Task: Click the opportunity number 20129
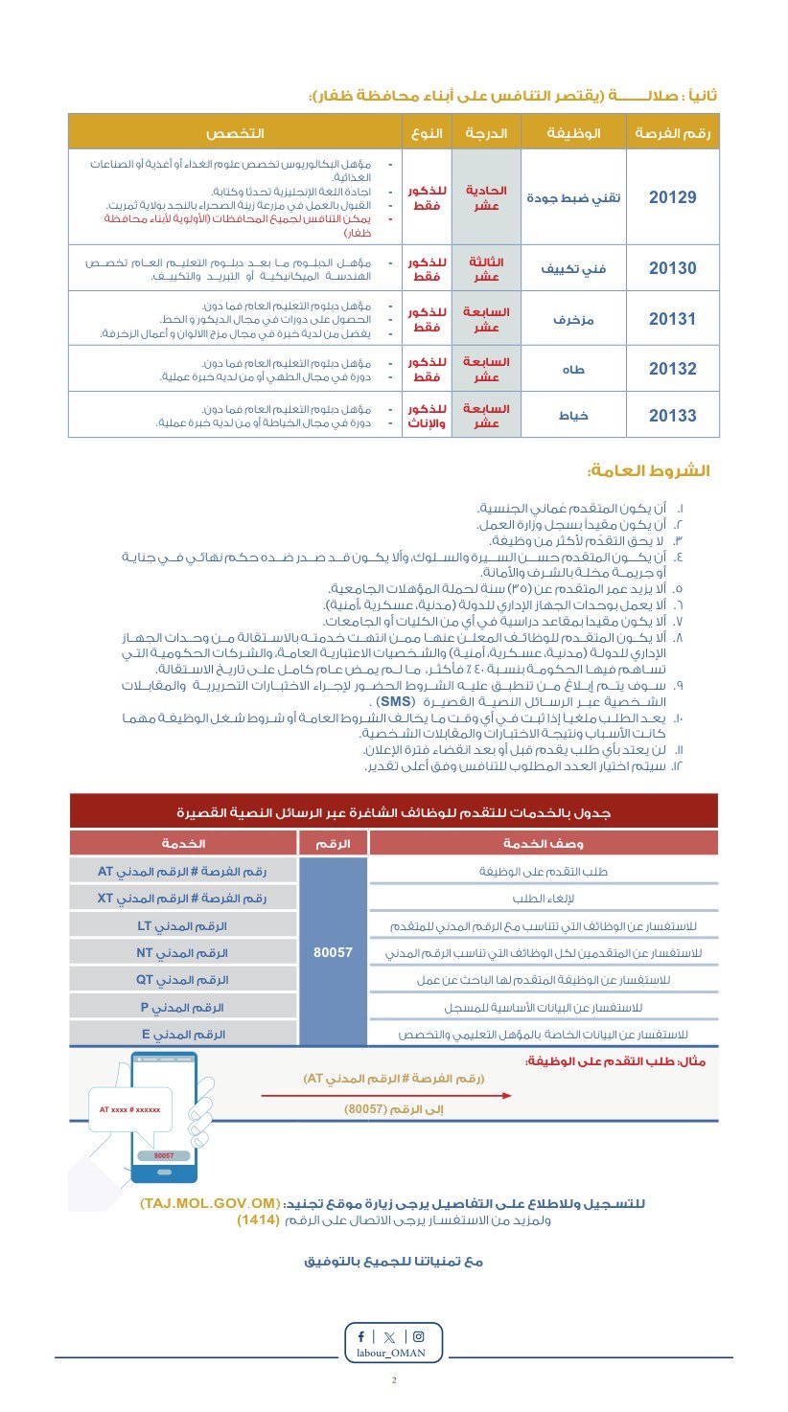tap(672, 197)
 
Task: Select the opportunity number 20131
tap(672, 319)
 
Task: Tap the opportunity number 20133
tap(672, 416)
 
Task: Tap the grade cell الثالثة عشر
tap(486, 268)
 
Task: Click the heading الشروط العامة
tap(652, 471)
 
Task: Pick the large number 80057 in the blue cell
tap(334, 953)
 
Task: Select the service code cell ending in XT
tap(183, 899)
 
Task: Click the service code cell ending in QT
tap(183, 980)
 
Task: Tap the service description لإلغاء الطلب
tap(543, 899)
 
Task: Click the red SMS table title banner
tap(394, 812)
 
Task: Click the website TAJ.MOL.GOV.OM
tap(210, 1203)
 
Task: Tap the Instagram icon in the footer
tap(418, 1336)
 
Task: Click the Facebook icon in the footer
tap(361, 1336)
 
